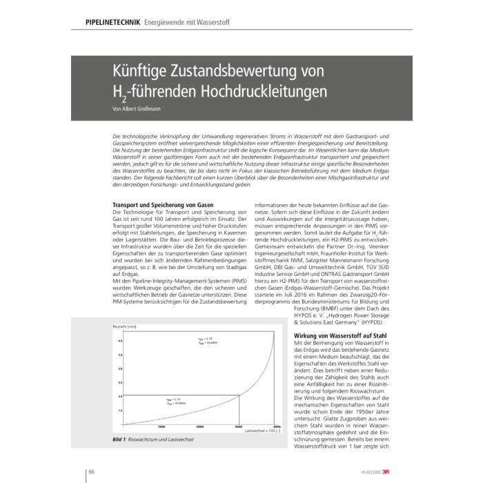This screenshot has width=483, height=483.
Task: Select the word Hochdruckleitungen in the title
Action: [x=262, y=92]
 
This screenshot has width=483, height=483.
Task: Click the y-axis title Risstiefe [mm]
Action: [x=114, y=324]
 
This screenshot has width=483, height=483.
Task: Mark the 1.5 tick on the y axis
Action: [x=119, y=411]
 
